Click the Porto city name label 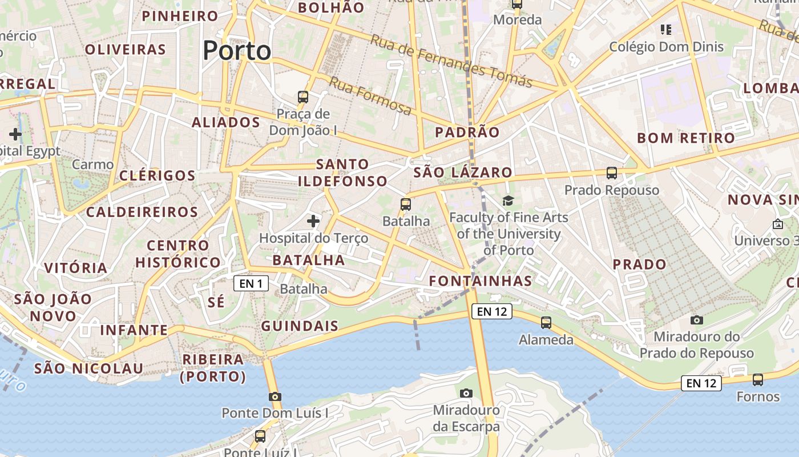pyautogui.click(x=237, y=51)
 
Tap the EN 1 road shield pyautogui.click(x=251, y=283)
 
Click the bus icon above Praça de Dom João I pyautogui.click(x=303, y=97)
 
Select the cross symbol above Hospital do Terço pyautogui.click(x=313, y=221)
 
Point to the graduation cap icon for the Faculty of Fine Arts pyautogui.click(x=508, y=201)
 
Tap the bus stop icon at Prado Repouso pyautogui.click(x=612, y=173)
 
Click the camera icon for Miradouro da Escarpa pyautogui.click(x=466, y=393)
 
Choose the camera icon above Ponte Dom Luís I pyautogui.click(x=275, y=396)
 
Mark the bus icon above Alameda pyautogui.click(x=546, y=323)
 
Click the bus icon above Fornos pyautogui.click(x=758, y=379)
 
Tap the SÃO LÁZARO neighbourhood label pyautogui.click(x=463, y=173)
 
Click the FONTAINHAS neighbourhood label pyautogui.click(x=481, y=281)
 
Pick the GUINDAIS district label pyautogui.click(x=300, y=326)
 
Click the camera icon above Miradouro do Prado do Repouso pyautogui.click(x=696, y=320)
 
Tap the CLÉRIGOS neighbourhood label pyautogui.click(x=158, y=175)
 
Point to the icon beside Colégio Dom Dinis pyautogui.click(x=665, y=29)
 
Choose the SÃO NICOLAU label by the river pyautogui.click(x=88, y=368)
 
